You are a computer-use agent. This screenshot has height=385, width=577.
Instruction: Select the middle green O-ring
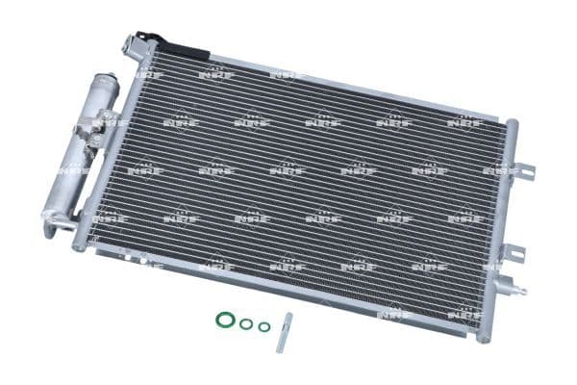[x=246, y=323]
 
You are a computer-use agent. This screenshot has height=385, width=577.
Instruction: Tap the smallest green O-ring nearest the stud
[x=263, y=326]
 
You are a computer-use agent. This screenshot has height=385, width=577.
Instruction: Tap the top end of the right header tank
[x=511, y=125]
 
